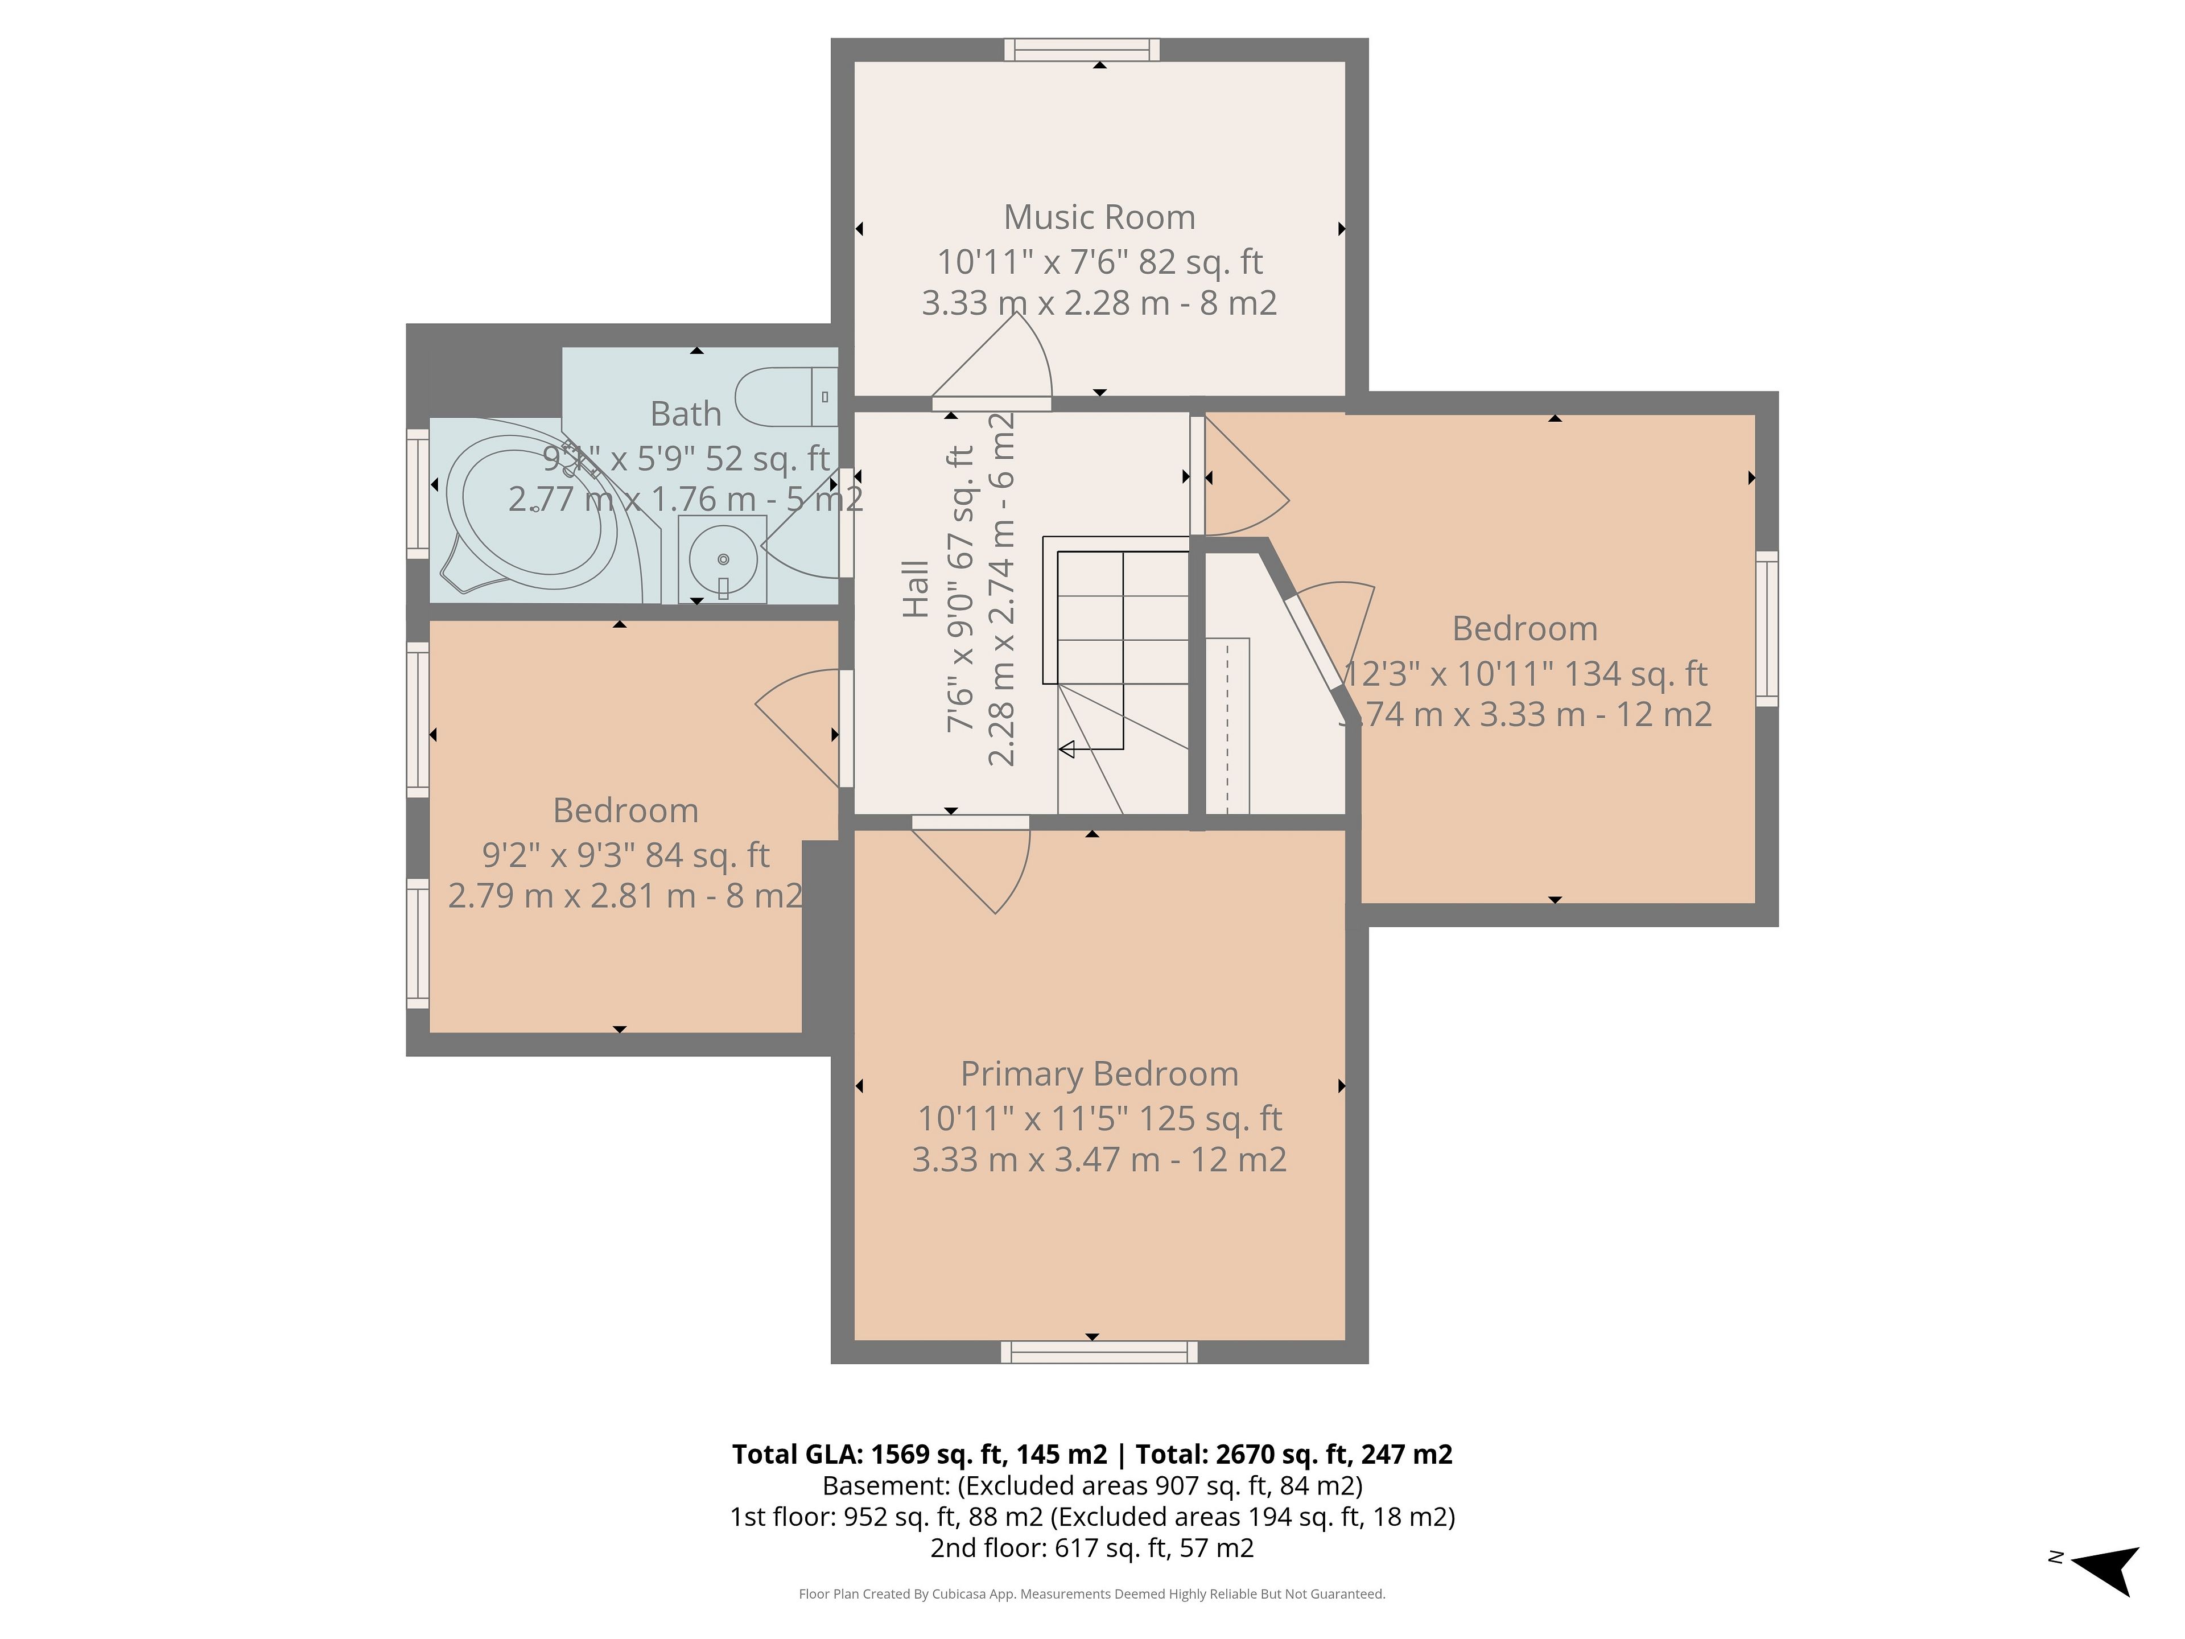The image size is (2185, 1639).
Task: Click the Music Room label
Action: coord(1099,217)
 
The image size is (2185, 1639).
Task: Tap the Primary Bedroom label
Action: coord(1099,1074)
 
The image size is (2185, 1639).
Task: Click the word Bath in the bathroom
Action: coord(686,414)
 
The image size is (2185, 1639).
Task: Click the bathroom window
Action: coord(418,494)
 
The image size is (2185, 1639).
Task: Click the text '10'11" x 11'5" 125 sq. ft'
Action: coord(1099,1118)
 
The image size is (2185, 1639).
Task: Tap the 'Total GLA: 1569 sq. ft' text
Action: coord(872,1454)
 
